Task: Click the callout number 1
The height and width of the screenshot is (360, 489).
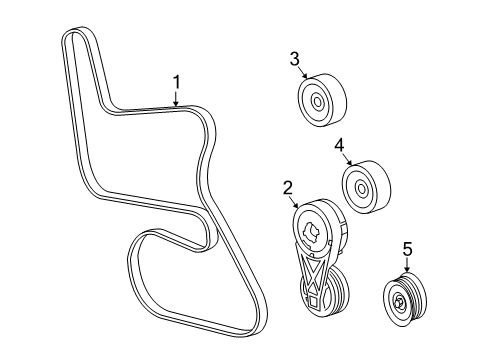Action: (x=177, y=82)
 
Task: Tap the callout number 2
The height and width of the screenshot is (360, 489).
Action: (x=286, y=186)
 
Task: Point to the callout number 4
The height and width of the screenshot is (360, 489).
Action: (x=339, y=146)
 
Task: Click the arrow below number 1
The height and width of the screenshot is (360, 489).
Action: (x=177, y=98)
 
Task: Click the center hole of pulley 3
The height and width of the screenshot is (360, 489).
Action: (x=317, y=100)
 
